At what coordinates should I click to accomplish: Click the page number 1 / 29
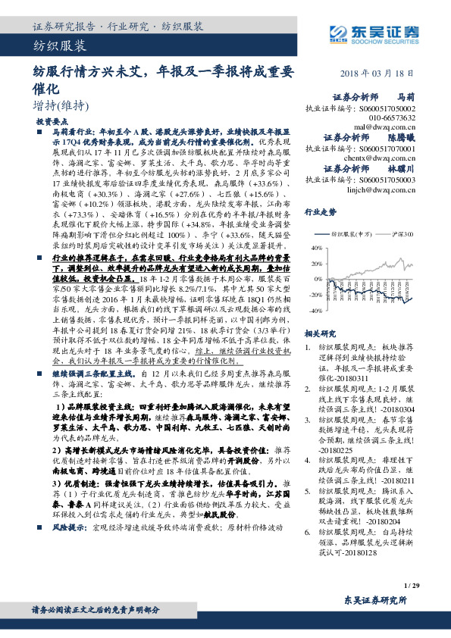412,585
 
